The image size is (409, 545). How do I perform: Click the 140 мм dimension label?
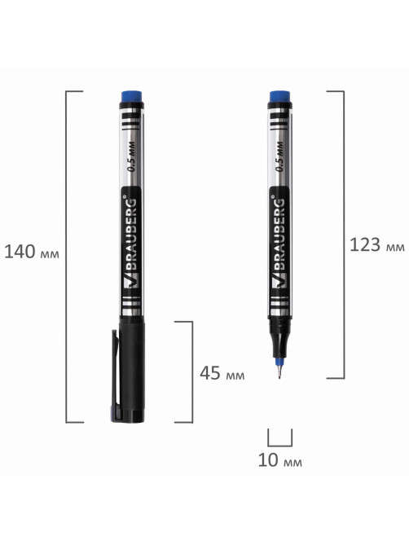pos(32,252)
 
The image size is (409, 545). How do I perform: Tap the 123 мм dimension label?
pos(377,244)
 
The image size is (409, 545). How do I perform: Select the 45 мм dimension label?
pos(222,373)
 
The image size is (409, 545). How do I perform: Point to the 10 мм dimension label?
pos(279,460)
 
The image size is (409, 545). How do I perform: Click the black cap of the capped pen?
pos(132,370)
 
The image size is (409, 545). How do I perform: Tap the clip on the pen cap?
pos(115,372)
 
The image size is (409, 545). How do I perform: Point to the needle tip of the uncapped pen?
pos(279,377)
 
